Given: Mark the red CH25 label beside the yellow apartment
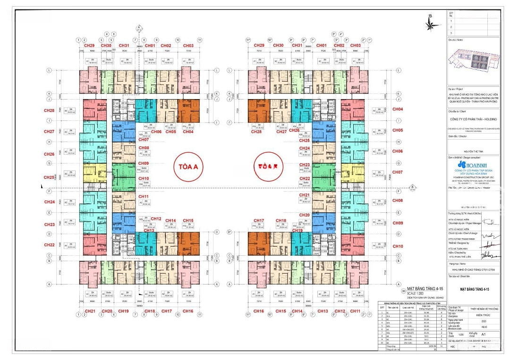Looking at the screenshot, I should pyautogui.click(x=49, y=177).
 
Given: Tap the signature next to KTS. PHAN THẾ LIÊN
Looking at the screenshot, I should pyautogui.click(x=487, y=255).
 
